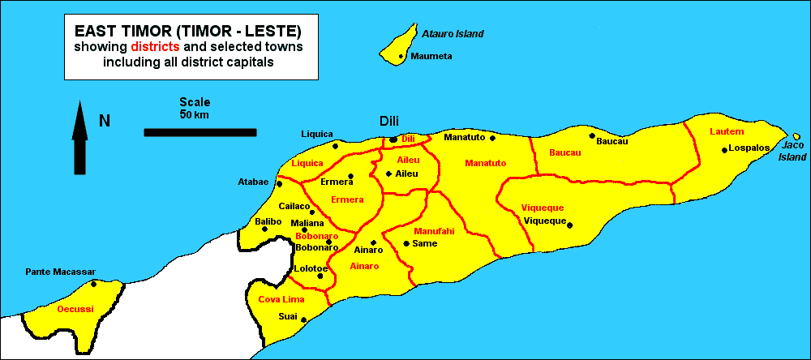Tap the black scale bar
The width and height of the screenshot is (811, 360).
[200, 131]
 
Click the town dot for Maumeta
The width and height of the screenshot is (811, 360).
[401, 56]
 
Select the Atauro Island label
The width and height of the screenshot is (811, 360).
[453, 34]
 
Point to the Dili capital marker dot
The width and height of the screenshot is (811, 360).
[393, 139]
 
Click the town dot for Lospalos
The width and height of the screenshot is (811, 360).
[724, 149]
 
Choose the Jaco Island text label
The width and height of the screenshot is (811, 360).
[794, 151]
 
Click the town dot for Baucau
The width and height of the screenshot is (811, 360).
[592, 136]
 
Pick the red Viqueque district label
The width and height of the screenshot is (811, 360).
[543, 208]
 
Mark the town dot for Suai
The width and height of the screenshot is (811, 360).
[303, 319]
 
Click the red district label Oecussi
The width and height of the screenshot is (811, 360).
[75, 309]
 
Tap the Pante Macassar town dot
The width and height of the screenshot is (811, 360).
[94, 283]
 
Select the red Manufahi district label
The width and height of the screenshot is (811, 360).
[434, 231]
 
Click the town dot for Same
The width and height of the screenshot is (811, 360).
[405, 242]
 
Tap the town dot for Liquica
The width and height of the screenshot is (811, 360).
[336, 146]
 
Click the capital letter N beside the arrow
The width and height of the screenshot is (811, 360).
[104, 122]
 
